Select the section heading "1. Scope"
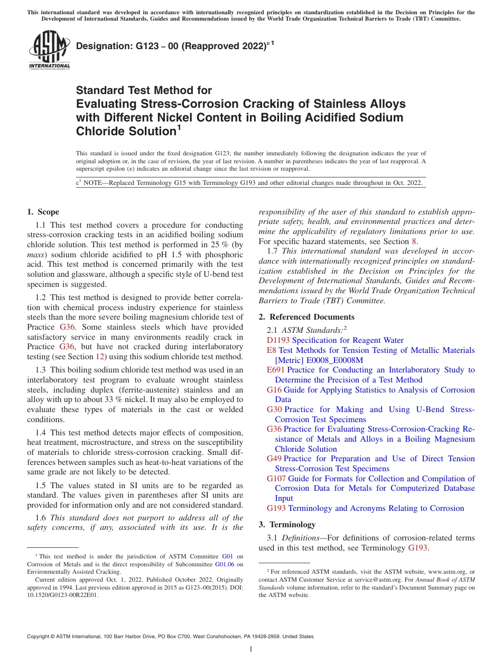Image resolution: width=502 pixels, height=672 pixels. [x=43, y=212]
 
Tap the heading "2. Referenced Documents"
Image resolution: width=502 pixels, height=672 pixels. [x=306, y=317]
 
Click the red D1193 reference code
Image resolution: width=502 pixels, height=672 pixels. [x=278, y=341]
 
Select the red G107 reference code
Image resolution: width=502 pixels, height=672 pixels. [x=276, y=479]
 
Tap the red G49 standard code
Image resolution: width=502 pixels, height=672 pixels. [x=274, y=459]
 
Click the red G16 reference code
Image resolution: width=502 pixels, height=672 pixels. [x=274, y=390]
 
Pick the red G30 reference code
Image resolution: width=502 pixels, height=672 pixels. [x=274, y=409]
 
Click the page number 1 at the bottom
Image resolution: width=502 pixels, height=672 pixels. [x=251, y=649]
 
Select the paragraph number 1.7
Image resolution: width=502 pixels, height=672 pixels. [x=274, y=251]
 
